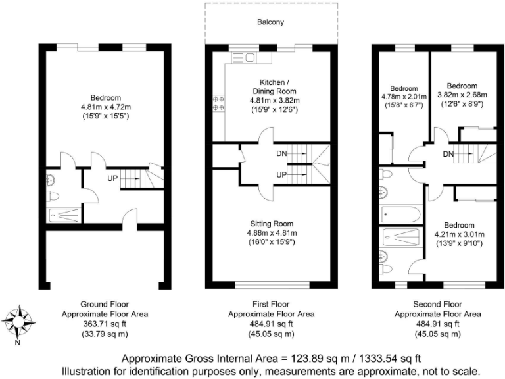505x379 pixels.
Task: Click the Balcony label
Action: pyautogui.click(x=271, y=22)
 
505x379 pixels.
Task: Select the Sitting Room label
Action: pyautogui.click(x=272, y=224)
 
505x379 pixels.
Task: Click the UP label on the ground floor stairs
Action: pyautogui.click(x=112, y=177)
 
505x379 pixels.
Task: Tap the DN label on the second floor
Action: pyautogui.click(x=449, y=154)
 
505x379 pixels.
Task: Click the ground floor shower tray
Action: pyautogui.click(x=65, y=215)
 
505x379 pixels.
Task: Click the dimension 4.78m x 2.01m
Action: pyautogui.click(x=404, y=97)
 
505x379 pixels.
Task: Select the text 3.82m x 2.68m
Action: pyautogui.click(x=461, y=95)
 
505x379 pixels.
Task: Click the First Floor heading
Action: pyautogui.click(x=271, y=304)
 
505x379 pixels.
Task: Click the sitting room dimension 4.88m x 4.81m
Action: pyautogui.click(x=272, y=233)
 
